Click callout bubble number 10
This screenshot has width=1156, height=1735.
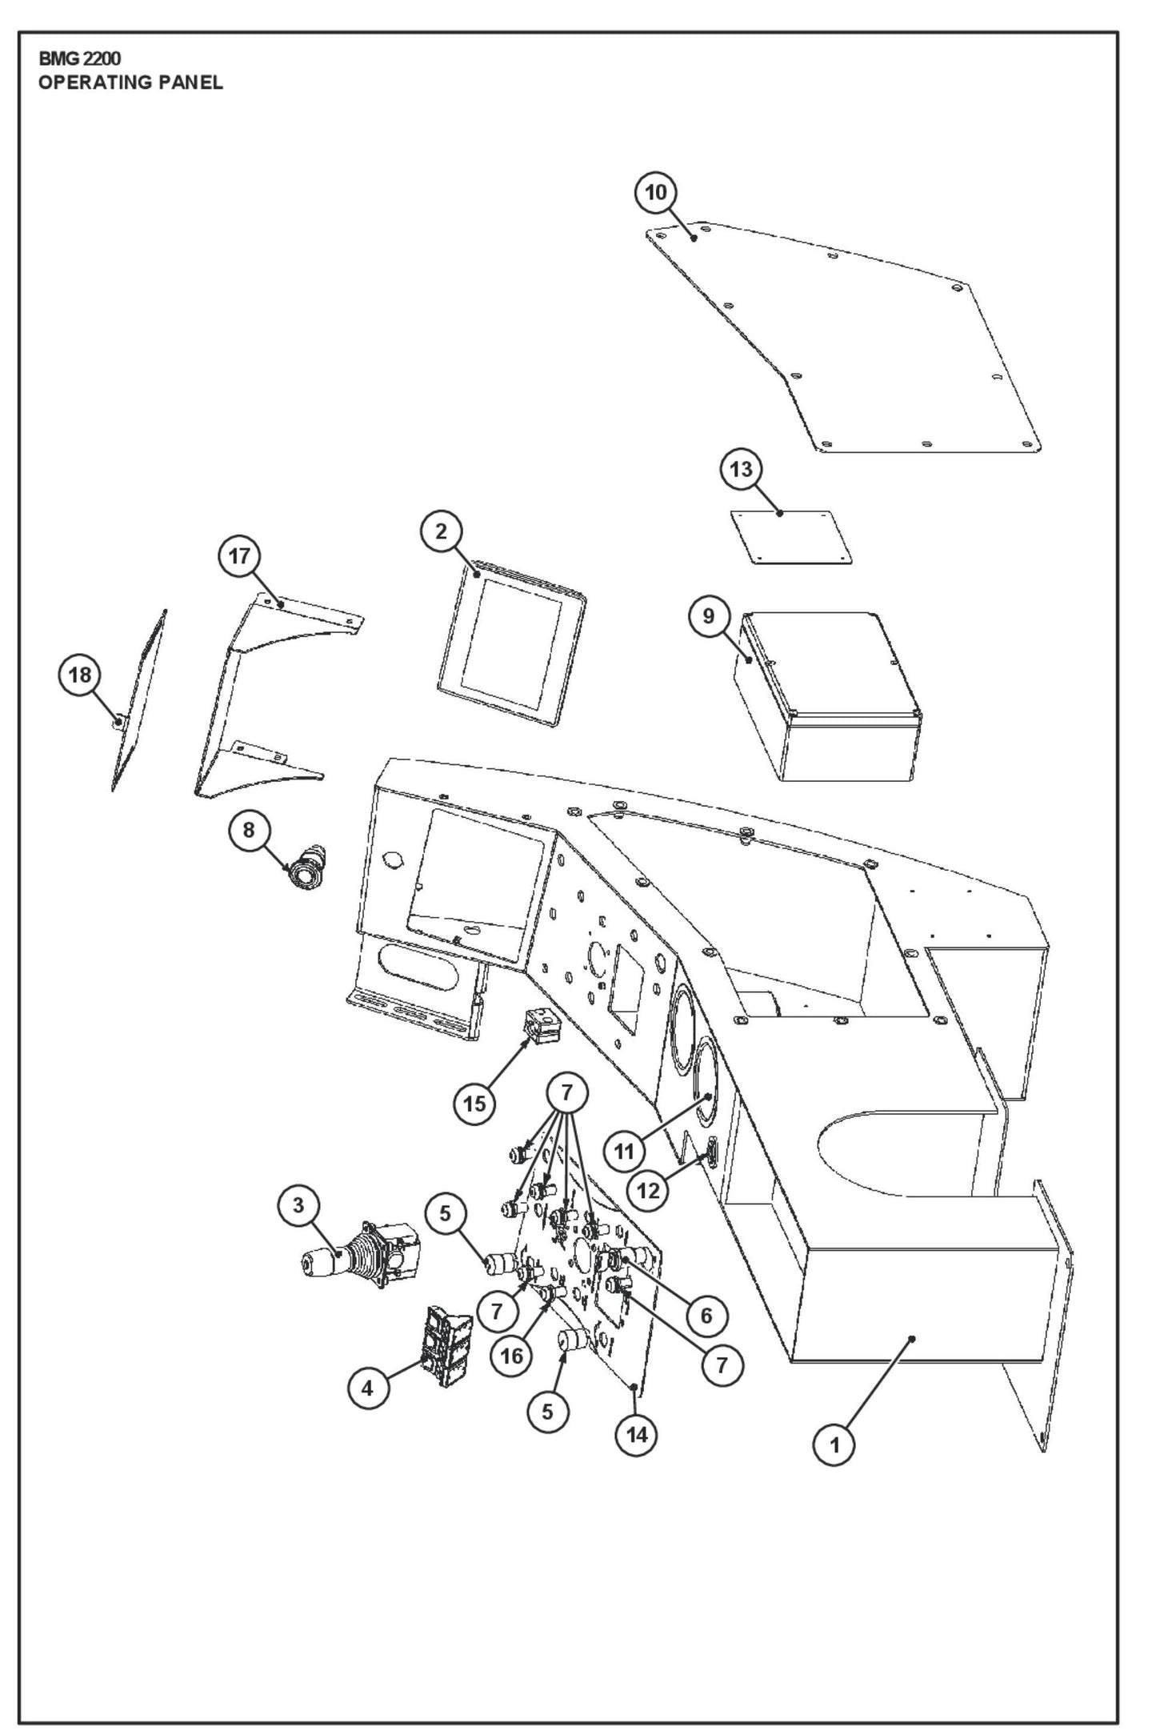[x=656, y=193]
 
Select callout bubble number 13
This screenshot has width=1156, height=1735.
[x=742, y=469]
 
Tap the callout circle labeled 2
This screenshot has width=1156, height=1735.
[x=442, y=531]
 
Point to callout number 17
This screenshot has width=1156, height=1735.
[x=240, y=556]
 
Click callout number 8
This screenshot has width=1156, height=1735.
[x=249, y=830]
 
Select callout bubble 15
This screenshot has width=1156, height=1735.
[x=474, y=1104]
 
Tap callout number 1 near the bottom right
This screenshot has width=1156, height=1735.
[x=834, y=1445]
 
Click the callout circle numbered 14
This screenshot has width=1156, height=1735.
[x=636, y=1435]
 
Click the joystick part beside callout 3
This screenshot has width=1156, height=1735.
[x=360, y=1264]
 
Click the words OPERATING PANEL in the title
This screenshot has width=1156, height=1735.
[x=130, y=82]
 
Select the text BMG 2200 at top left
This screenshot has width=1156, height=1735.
[x=80, y=59]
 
